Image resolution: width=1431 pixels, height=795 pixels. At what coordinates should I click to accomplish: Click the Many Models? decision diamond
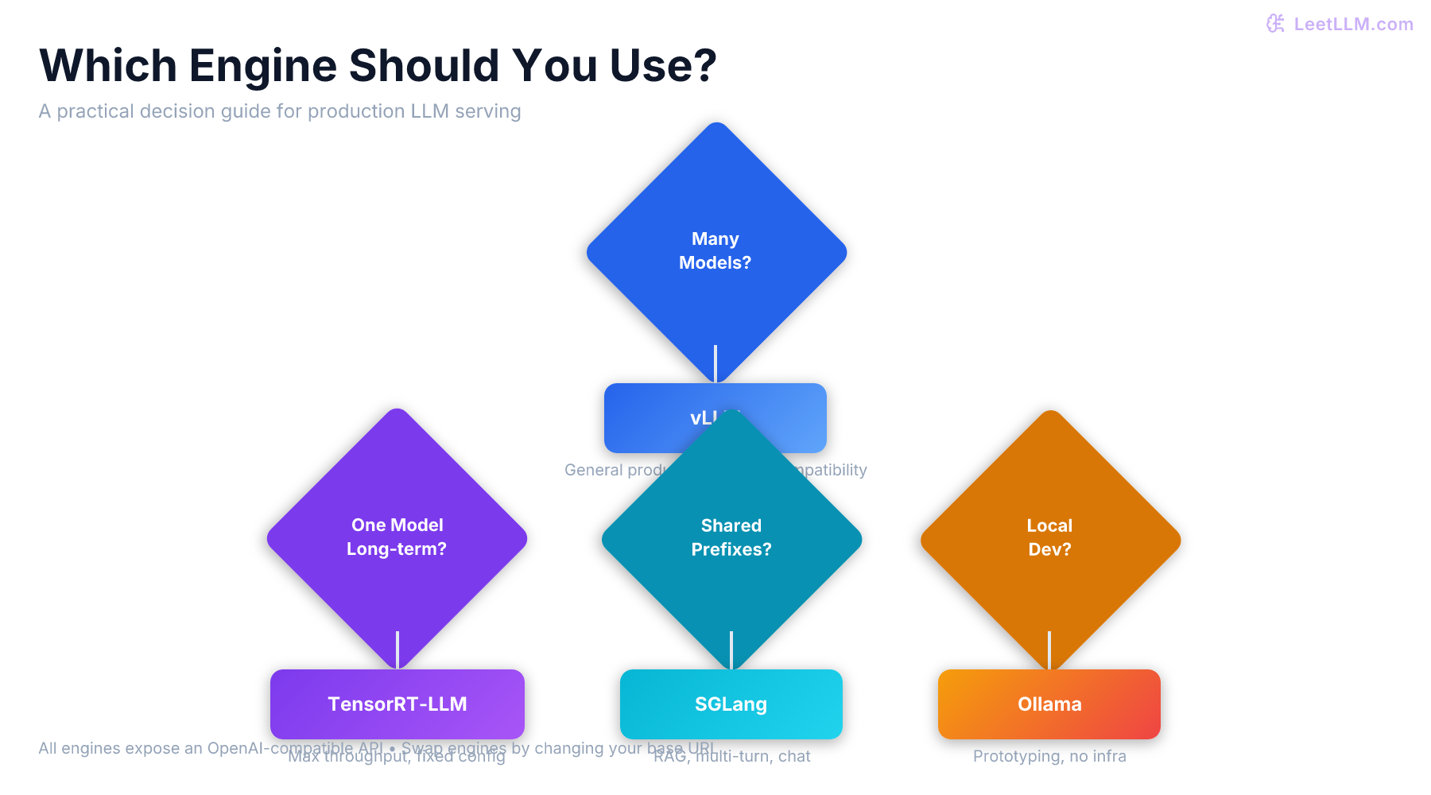(715, 238)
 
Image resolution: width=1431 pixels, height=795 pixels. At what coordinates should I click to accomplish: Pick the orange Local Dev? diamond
(1049, 537)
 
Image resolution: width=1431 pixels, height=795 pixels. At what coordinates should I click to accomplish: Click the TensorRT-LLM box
(397, 704)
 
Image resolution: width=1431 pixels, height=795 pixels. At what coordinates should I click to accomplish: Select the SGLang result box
(731, 704)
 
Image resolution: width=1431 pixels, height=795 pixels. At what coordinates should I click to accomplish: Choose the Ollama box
(1049, 704)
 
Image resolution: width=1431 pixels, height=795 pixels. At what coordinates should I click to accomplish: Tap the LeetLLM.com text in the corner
(1353, 24)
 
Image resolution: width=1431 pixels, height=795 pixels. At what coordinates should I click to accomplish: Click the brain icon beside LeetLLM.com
(1275, 24)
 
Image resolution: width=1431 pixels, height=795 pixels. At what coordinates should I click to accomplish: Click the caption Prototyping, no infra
(1049, 756)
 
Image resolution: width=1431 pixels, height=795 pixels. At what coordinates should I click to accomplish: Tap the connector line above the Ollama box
(1049, 650)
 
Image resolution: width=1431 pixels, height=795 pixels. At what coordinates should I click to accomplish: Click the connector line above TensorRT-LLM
(397, 650)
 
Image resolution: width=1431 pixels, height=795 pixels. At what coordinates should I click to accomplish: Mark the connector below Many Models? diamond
(715, 364)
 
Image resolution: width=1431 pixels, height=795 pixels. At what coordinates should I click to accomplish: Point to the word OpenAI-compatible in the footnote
(295, 748)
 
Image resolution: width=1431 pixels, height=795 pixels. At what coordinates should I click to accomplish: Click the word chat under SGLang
(794, 756)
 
